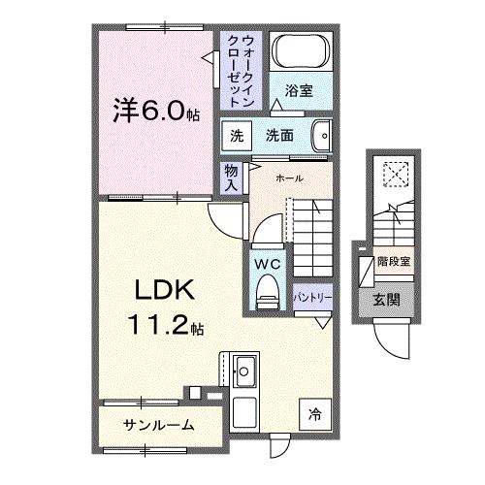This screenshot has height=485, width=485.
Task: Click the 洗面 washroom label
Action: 280,136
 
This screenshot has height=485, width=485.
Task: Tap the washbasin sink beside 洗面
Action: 324,135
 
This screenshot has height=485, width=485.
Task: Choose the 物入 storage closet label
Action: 230,177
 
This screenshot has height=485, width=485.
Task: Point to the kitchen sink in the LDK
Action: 242,370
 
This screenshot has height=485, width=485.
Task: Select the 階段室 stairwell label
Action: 394,261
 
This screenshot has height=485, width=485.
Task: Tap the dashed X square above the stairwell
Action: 396,174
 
